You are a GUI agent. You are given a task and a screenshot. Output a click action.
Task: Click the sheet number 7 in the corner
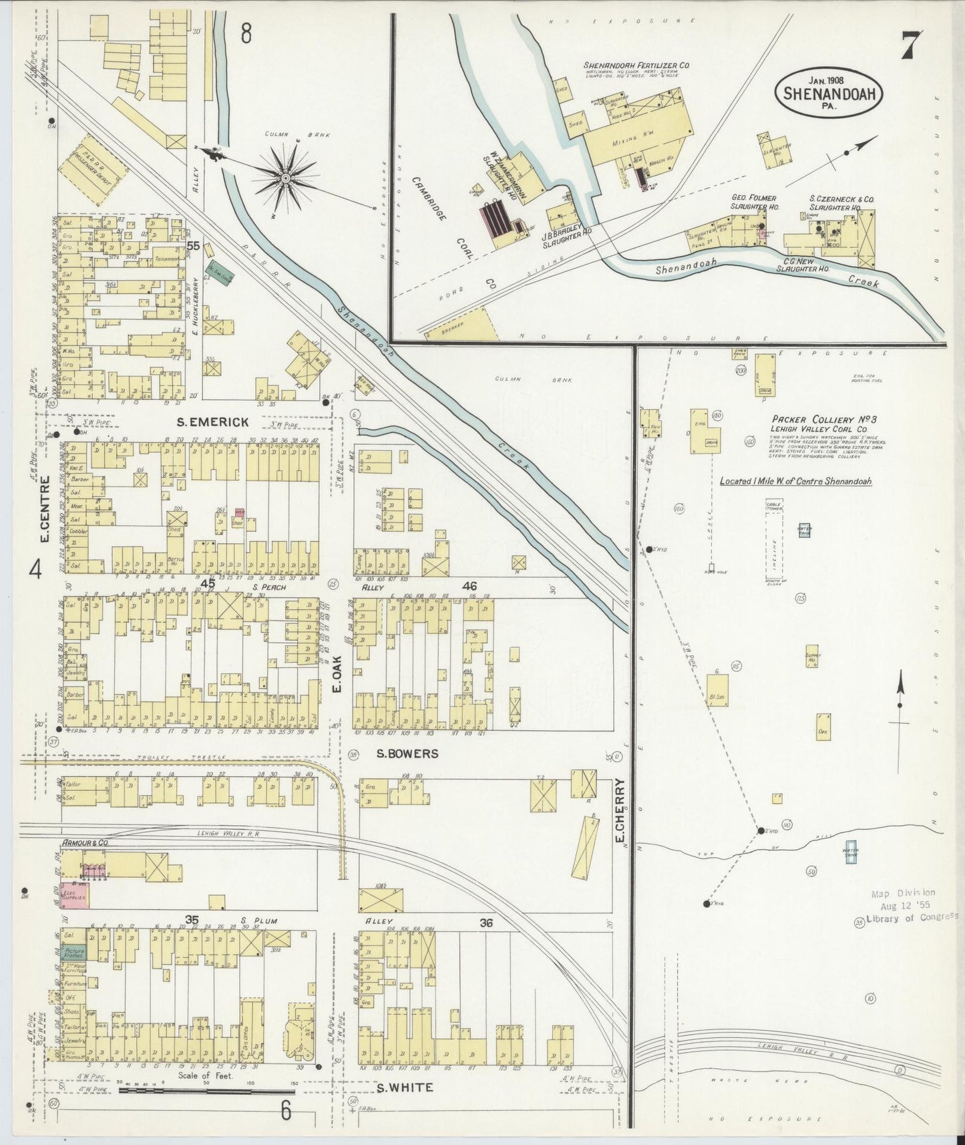911,46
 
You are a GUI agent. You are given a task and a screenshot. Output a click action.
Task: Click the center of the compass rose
285,178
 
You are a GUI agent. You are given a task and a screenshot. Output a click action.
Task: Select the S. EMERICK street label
212,422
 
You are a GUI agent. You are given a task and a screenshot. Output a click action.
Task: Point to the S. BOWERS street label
407,754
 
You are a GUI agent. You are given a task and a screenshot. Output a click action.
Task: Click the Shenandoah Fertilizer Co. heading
636,65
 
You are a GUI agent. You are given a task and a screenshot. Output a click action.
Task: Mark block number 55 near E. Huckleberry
194,246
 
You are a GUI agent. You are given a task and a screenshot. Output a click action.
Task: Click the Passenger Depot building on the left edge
95,171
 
